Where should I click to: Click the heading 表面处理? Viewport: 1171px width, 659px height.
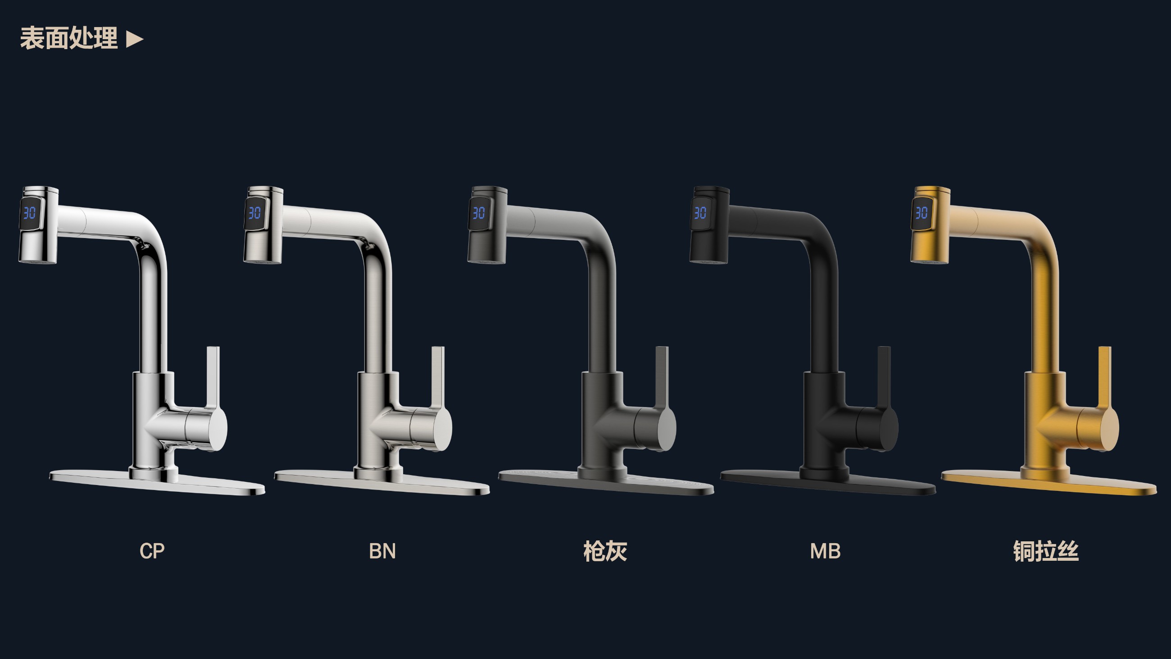click(68, 38)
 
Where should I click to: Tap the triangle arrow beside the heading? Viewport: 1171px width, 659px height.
click(135, 39)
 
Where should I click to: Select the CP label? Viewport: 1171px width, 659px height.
click(152, 551)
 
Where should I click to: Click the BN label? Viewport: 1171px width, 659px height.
click(382, 551)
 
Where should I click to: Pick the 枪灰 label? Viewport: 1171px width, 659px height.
click(605, 551)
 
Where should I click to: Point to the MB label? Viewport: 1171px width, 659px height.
click(825, 551)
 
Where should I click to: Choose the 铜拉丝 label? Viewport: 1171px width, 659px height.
click(1045, 551)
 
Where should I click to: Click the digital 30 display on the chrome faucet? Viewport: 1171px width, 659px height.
click(30, 213)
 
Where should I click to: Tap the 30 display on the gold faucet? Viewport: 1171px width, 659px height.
click(921, 213)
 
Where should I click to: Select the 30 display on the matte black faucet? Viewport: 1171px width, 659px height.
click(700, 213)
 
